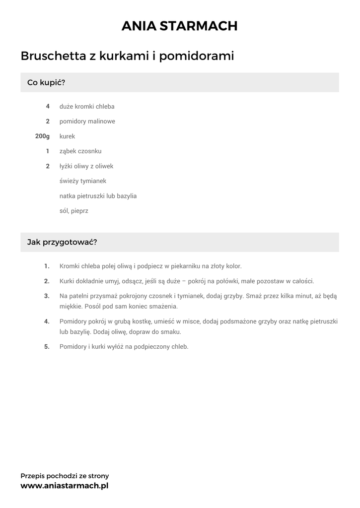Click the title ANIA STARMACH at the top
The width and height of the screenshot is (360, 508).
tap(180, 26)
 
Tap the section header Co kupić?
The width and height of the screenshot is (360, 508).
tap(46, 82)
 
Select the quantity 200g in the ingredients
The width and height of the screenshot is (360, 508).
tap(43, 136)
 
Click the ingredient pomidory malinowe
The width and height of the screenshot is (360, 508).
tap(87, 121)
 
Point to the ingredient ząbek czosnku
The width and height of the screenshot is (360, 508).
tap(80, 151)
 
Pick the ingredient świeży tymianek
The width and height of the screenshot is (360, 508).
tap(83, 181)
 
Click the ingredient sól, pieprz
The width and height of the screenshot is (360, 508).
tap(74, 211)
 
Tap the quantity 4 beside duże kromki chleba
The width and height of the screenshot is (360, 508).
tap(48, 106)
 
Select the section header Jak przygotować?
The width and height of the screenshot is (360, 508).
tap(62, 242)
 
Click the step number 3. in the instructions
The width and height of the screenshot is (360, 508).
tap(47, 296)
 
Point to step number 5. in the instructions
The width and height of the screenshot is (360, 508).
tap(47, 347)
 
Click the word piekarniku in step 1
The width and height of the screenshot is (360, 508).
tap(186, 266)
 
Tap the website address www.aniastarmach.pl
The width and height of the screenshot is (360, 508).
tap(65, 486)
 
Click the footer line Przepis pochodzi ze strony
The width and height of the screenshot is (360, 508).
tap(65, 476)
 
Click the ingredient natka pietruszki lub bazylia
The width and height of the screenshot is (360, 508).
tap(98, 196)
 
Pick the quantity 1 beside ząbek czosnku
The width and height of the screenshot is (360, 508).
tap(48, 151)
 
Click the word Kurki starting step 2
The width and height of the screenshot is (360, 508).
tap(67, 281)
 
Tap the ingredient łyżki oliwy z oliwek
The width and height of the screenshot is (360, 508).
tap(87, 166)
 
